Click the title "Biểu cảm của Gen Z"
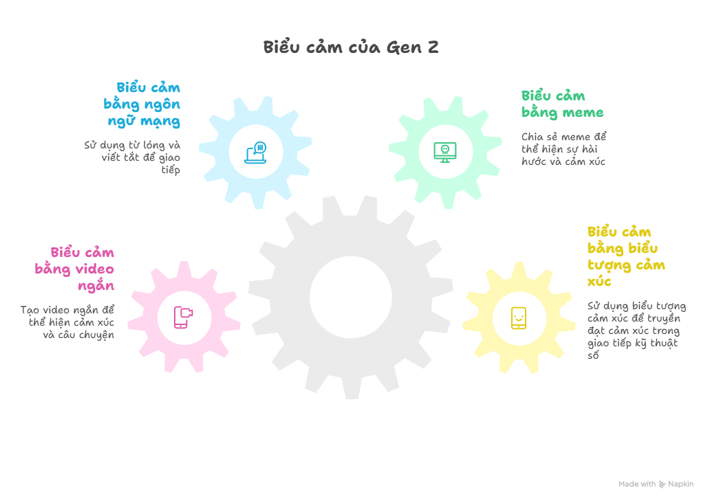(x=351, y=47)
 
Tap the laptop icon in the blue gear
(x=255, y=153)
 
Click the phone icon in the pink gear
(x=183, y=317)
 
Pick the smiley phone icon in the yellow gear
(x=519, y=317)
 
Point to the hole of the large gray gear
(x=351, y=297)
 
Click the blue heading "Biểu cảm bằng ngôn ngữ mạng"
(x=142, y=104)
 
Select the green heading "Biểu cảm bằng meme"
(x=562, y=104)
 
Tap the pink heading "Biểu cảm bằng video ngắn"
(x=75, y=269)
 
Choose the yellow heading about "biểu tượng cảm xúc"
(x=625, y=256)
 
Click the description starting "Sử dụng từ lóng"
(x=132, y=157)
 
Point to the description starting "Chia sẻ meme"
(x=563, y=149)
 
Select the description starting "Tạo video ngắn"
(x=67, y=322)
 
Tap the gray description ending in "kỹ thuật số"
(x=636, y=331)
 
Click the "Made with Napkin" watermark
(x=656, y=484)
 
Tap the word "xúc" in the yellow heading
(x=599, y=282)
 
